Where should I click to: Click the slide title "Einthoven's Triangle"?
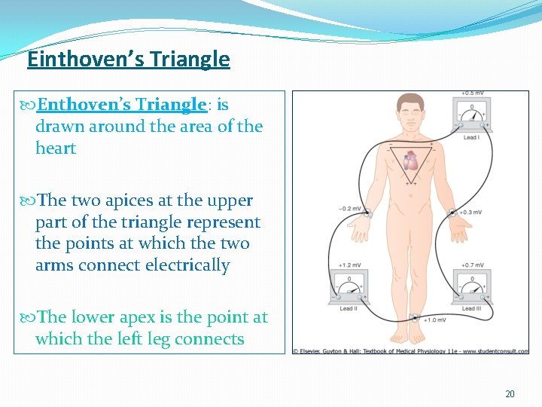click(128, 59)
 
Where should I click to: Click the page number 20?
click(510, 394)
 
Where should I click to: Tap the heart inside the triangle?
click(411, 161)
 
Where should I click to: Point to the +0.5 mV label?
click(472, 93)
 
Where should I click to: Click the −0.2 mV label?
click(349, 208)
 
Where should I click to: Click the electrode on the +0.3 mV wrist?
click(451, 214)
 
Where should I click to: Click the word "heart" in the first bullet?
click(56, 148)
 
